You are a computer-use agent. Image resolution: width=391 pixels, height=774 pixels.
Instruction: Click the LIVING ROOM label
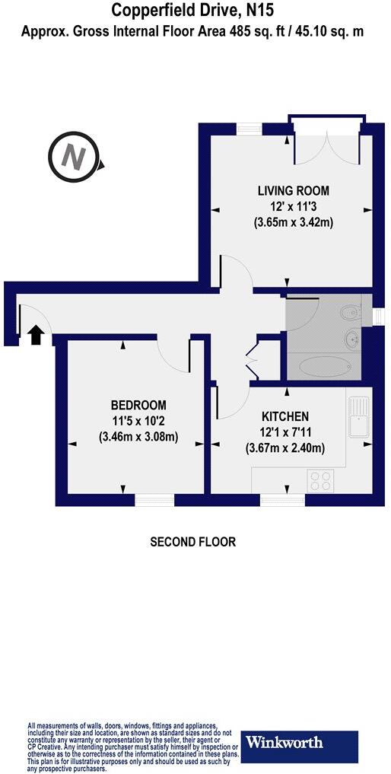tap(293, 190)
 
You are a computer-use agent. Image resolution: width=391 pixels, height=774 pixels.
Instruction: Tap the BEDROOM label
tap(138, 405)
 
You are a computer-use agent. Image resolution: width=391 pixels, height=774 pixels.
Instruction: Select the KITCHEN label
tap(285, 416)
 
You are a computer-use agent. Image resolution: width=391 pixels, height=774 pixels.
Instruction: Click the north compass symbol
tap(73, 158)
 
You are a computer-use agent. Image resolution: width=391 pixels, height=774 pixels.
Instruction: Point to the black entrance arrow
tap(34, 335)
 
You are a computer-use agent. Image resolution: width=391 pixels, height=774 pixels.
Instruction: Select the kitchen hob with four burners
tap(320, 481)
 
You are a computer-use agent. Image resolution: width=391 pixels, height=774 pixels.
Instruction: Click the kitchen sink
tap(358, 417)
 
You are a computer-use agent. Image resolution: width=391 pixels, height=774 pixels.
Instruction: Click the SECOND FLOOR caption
tap(192, 542)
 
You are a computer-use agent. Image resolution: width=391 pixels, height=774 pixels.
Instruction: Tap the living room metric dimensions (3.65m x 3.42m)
tap(294, 222)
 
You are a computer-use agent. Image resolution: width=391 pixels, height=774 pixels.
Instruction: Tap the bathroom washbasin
tap(351, 338)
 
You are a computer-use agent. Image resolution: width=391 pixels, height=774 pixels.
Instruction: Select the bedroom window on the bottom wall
tap(154, 500)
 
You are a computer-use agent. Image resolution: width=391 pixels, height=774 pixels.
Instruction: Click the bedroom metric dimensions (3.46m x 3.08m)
tap(138, 437)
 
